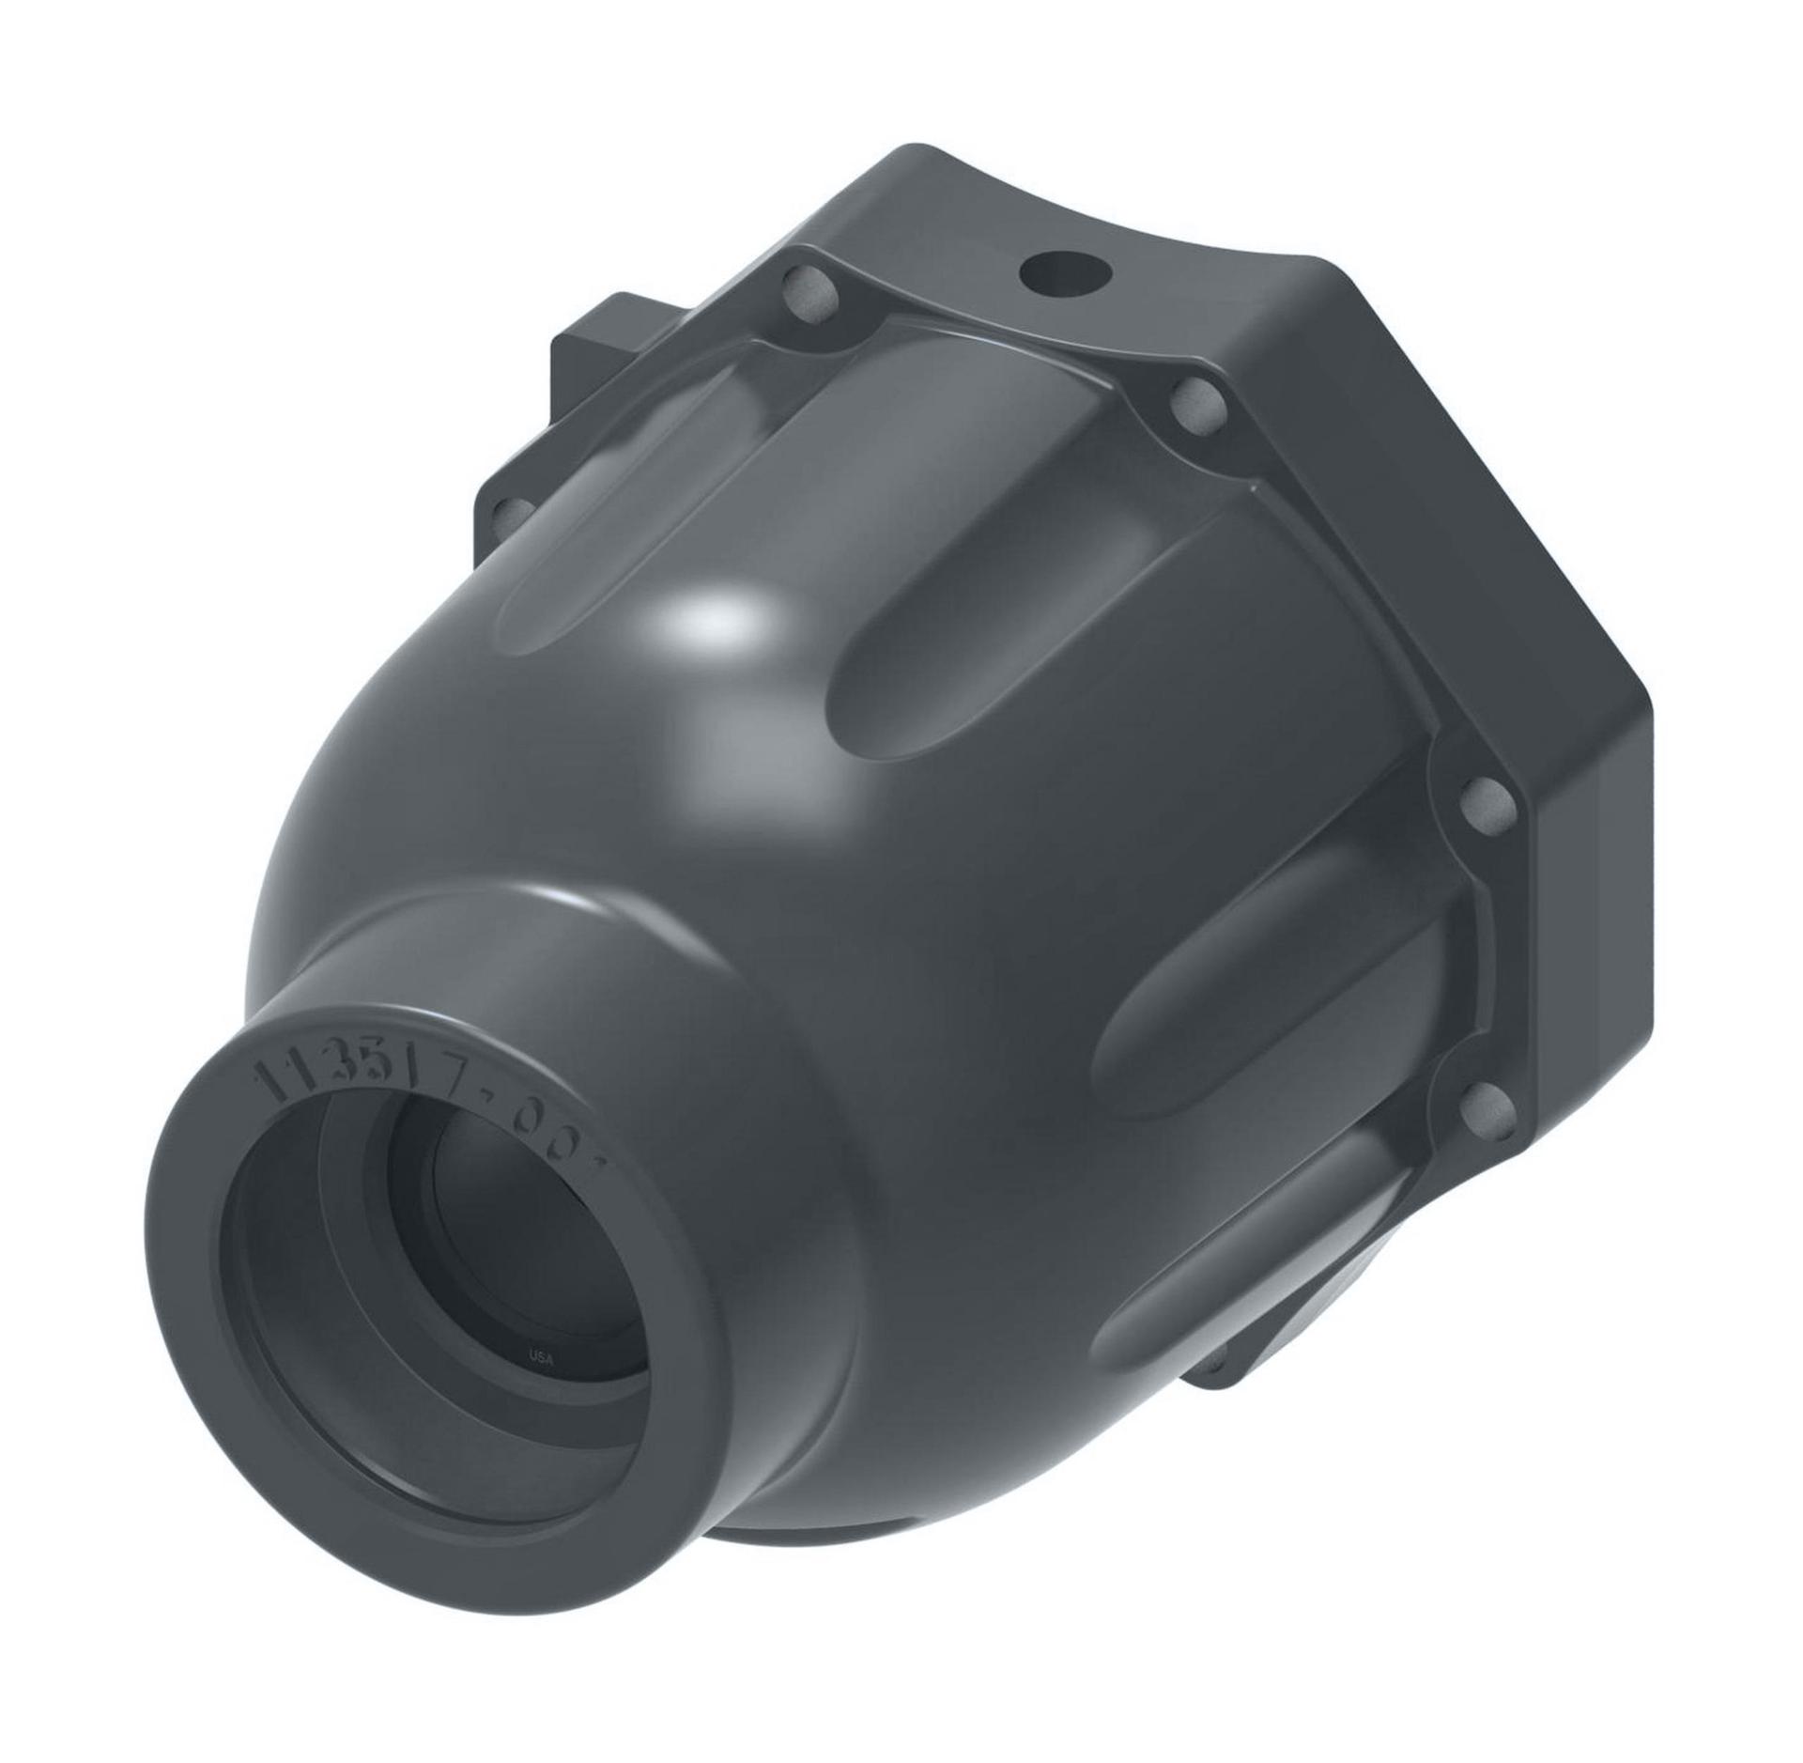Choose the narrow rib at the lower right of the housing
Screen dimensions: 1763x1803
point(1249,1249)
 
